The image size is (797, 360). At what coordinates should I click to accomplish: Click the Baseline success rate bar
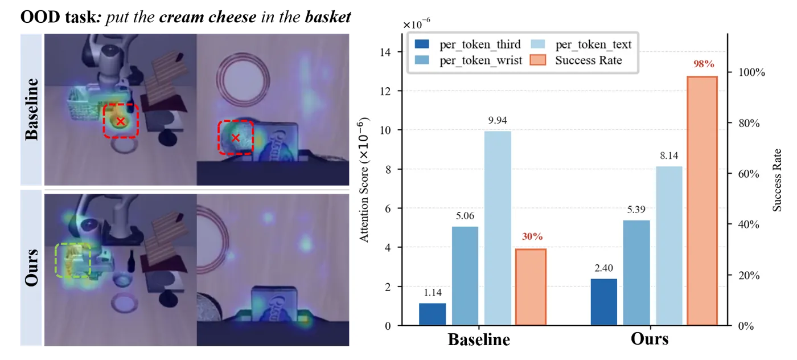point(531,287)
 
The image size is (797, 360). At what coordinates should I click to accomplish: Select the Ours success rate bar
point(702,201)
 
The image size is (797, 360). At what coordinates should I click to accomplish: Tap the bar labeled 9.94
point(498,228)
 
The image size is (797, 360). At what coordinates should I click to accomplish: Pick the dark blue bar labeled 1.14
point(432,314)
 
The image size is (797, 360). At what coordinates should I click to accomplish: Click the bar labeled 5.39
point(636,272)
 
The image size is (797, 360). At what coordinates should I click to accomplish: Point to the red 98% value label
point(704,64)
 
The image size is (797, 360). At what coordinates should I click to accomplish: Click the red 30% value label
point(532,236)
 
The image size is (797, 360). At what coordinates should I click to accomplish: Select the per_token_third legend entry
point(467,44)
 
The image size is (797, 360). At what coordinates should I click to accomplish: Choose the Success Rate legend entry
point(576,60)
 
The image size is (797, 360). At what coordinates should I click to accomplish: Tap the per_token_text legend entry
point(581,44)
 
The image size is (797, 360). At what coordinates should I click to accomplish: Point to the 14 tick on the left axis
point(385,52)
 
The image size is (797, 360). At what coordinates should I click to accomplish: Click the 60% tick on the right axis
point(749,174)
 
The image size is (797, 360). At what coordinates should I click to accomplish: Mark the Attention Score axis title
point(364,180)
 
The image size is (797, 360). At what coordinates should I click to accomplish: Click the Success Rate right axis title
point(777,180)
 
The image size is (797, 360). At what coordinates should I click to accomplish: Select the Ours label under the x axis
point(650,338)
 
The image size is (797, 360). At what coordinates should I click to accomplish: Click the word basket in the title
point(328,17)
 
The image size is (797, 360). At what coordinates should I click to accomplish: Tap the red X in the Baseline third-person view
point(121,121)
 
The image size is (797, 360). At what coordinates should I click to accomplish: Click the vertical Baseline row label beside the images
point(31,109)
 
